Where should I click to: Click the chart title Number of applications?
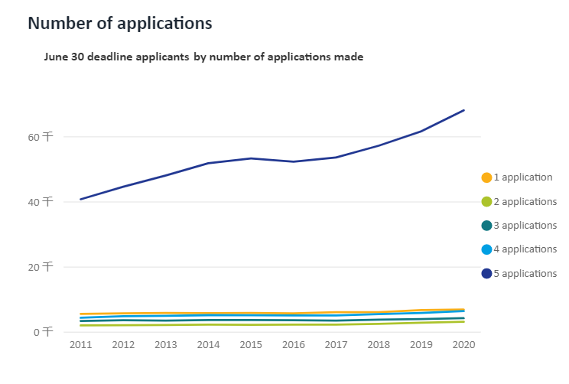(120, 24)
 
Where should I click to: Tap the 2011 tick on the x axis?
(81, 345)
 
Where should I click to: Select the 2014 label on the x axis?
(209, 345)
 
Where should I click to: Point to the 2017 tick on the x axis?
(337, 345)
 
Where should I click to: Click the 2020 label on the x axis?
(463, 345)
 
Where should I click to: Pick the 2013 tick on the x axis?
(166, 345)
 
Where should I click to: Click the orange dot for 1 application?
(486, 177)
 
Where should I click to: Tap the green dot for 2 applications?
(486, 202)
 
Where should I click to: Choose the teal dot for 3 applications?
(486, 226)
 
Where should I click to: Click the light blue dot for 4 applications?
(486, 249)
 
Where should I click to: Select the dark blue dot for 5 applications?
(486, 274)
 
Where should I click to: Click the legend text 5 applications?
(525, 274)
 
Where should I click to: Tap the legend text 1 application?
(523, 177)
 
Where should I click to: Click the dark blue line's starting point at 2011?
(81, 199)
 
